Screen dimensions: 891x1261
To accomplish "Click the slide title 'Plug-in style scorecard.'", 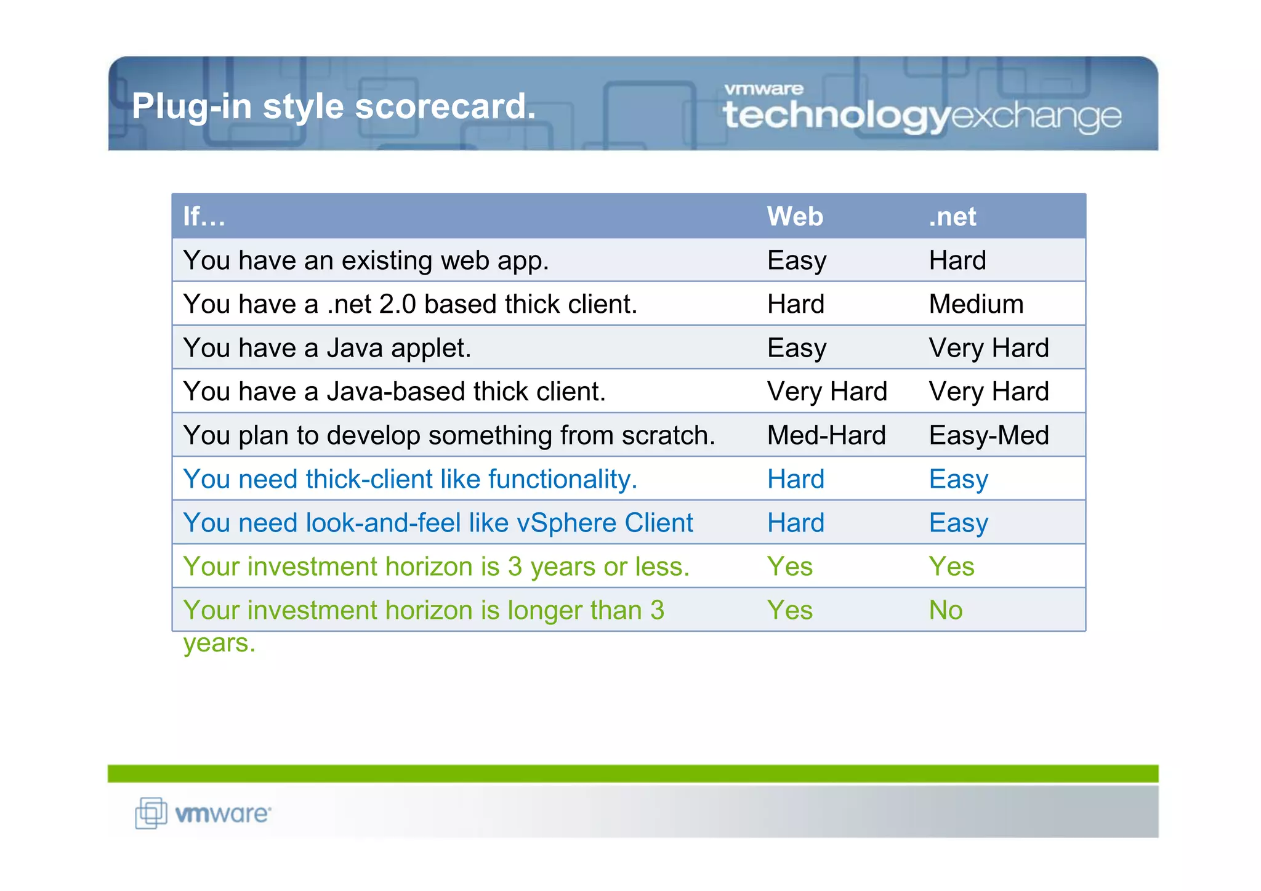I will pos(334,106).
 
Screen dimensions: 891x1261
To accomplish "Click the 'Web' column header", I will pos(794,217).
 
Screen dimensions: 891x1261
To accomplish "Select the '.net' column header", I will pos(952,217).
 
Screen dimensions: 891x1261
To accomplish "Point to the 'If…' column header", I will pos(204,217).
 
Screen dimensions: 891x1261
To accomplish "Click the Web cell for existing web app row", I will pos(797,260).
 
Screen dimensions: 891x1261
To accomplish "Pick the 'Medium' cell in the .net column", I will pos(976,304).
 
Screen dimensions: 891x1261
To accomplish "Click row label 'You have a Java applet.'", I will pos(327,348).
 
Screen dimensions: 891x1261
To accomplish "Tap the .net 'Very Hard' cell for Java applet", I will pos(989,348).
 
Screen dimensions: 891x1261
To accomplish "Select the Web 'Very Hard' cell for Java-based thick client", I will pos(827,392).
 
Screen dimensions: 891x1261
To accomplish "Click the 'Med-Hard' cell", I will pos(826,435).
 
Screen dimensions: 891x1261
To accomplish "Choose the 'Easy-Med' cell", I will pos(989,435).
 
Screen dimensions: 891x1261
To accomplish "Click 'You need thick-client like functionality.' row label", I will pos(410,479).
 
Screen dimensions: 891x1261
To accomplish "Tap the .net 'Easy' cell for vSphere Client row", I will pos(958,523).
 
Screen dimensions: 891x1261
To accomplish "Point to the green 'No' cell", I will pos(946,610).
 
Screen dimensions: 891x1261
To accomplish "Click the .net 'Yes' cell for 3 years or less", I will pos(951,566).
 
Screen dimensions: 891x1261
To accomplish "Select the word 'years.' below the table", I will pos(219,643).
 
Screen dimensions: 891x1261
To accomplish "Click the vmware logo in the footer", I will pos(203,813).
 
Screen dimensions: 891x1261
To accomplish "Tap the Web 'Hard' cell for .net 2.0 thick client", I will pos(796,304).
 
